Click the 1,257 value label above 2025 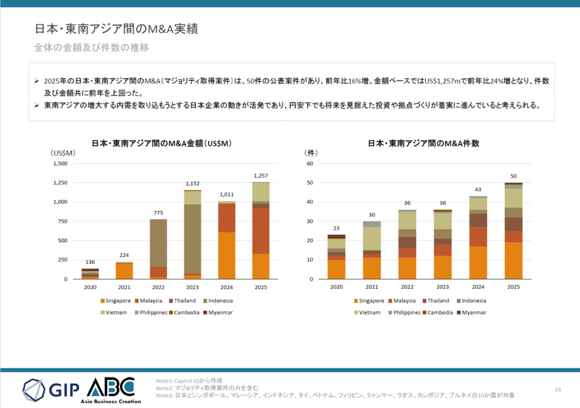[x=261, y=175]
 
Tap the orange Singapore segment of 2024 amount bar [x=227, y=255]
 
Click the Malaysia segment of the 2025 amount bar [x=261, y=231]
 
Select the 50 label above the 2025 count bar [x=514, y=176]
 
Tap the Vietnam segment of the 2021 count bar [x=372, y=238]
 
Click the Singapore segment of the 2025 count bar [x=514, y=261]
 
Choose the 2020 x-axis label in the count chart [x=336, y=287]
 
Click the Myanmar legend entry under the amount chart [x=217, y=312]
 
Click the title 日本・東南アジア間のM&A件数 [x=424, y=144]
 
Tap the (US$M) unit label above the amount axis [x=62, y=153]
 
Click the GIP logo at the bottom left [x=51, y=389]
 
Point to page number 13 [x=557, y=389]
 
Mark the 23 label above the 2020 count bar [x=336, y=228]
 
